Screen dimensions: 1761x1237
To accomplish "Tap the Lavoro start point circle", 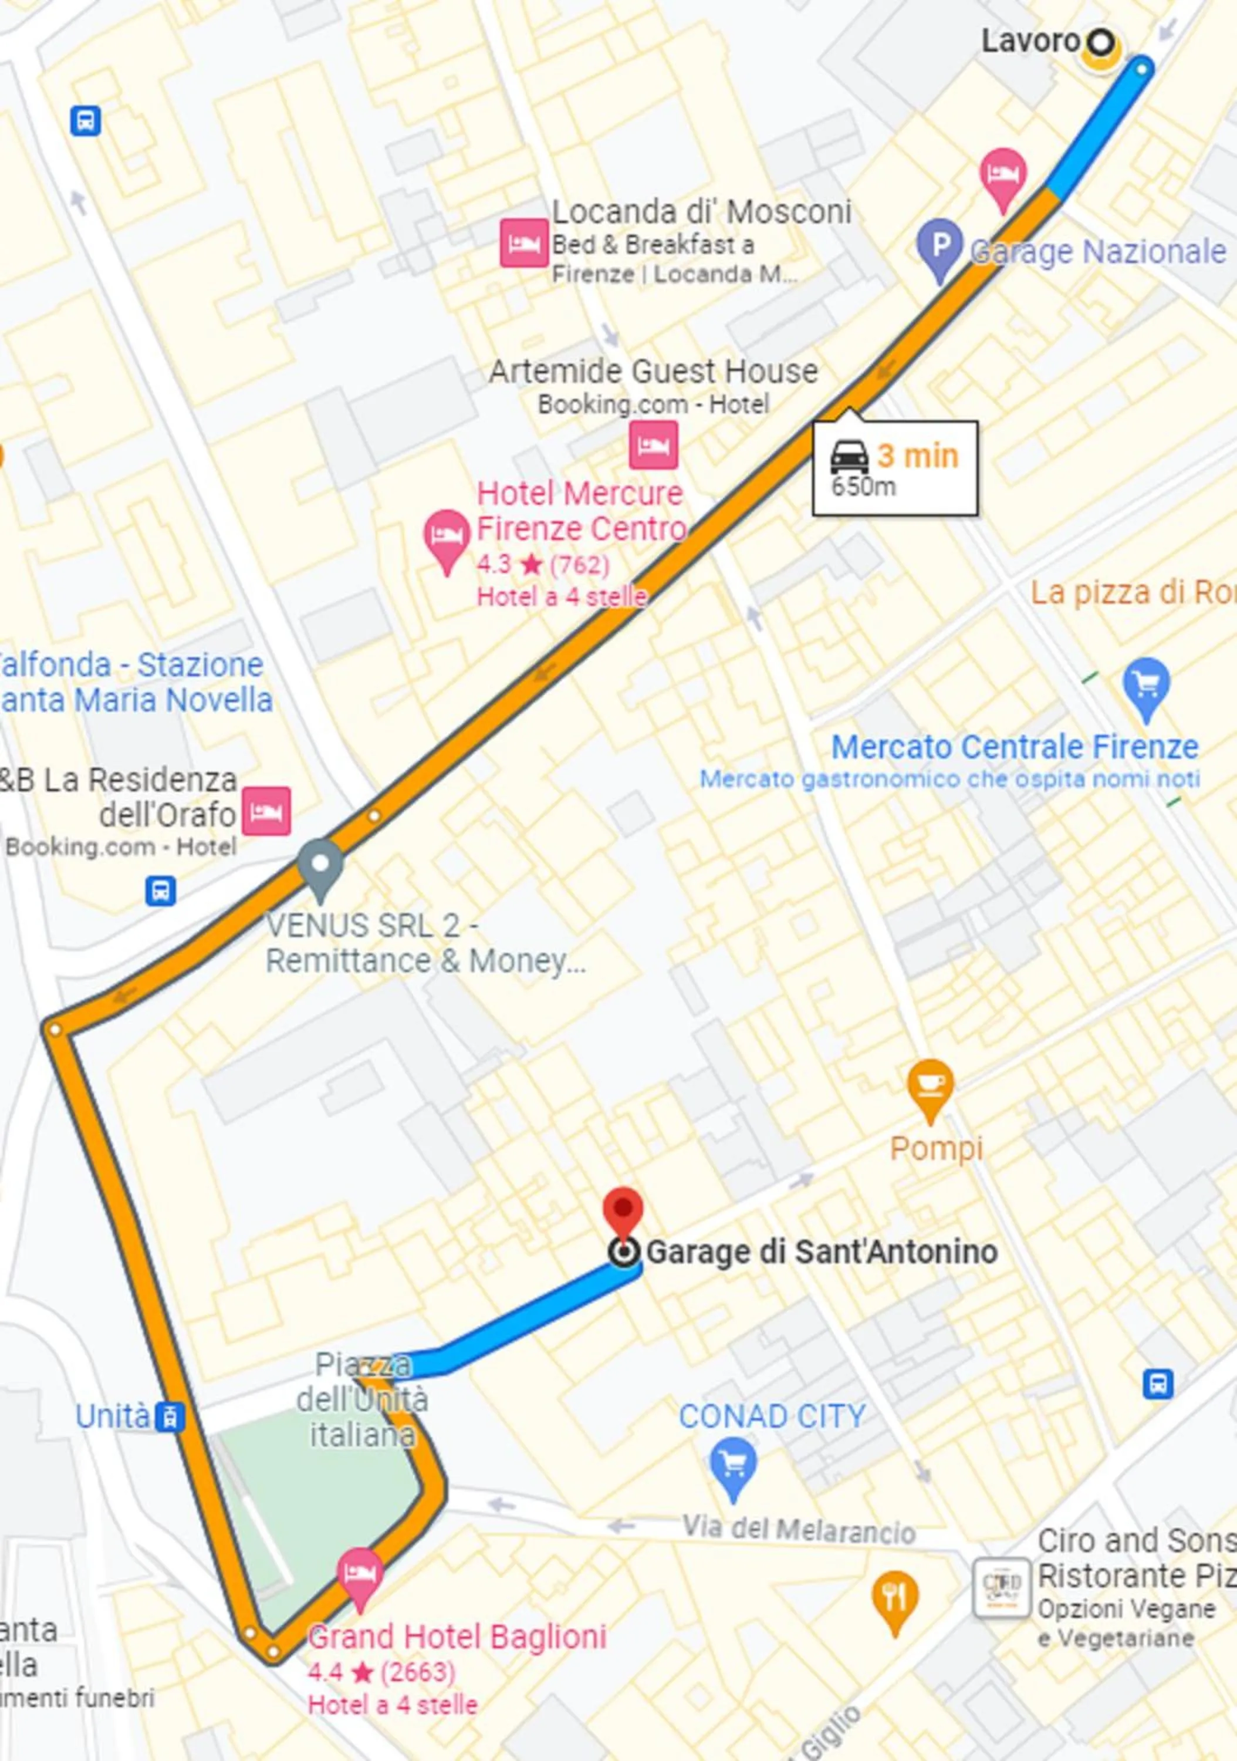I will click(1100, 43).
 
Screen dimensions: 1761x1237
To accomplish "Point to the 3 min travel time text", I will click(917, 456).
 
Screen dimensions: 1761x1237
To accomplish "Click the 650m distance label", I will click(864, 486).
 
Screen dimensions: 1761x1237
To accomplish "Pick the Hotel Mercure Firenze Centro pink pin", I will click(447, 538).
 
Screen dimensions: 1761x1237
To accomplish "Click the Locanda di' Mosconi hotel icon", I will click(524, 242).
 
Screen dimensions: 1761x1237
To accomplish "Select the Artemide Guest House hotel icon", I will click(653, 444).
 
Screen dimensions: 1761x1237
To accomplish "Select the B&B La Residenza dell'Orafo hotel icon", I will click(266, 811).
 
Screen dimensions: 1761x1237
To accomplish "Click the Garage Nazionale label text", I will click(1098, 252).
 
